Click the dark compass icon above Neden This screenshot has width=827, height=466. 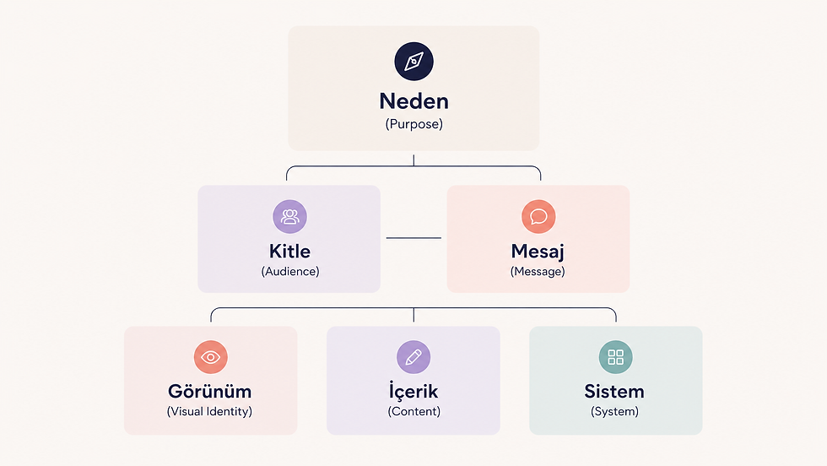[x=414, y=62]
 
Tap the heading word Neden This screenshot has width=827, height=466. [x=414, y=101]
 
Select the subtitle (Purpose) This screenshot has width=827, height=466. [x=414, y=124]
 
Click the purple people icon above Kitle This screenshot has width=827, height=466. [x=289, y=216]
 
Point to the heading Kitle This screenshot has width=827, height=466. [x=289, y=252]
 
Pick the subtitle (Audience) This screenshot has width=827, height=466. [x=290, y=271]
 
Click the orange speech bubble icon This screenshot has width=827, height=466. [x=538, y=216]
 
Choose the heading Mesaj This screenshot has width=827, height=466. [x=538, y=252]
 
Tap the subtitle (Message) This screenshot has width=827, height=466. [x=538, y=271]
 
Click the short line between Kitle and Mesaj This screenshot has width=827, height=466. [x=413, y=238]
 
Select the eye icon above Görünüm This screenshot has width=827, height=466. [x=210, y=357]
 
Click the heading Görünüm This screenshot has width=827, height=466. [x=210, y=392]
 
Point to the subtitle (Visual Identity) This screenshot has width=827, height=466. [x=209, y=412]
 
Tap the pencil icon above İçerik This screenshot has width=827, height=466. [x=413, y=357]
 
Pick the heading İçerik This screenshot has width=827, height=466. [x=413, y=391]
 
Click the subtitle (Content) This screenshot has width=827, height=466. [x=414, y=412]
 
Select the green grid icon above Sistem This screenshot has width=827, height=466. [x=615, y=357]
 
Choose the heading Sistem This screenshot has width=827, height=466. [x=614, y=392]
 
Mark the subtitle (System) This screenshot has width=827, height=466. [x=614, y=412]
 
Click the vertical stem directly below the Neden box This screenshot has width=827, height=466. [x=413, y=160]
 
